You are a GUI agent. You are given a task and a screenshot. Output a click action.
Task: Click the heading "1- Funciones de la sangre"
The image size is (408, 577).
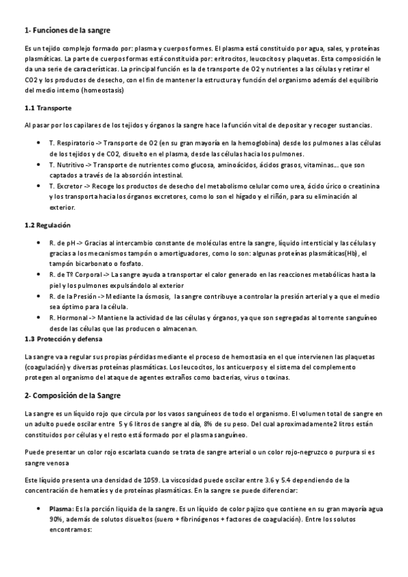pyautogui.click(x=67, y=31)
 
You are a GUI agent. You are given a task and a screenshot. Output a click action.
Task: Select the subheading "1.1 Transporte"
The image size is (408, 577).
pyautogui.click(x=48, y=108)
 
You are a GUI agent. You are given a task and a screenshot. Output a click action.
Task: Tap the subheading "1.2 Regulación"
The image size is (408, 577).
pyautogui.click(x=48, y=225)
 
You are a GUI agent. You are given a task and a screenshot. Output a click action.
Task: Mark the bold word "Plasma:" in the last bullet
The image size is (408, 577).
pyautogui.click(x=61, y=508)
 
